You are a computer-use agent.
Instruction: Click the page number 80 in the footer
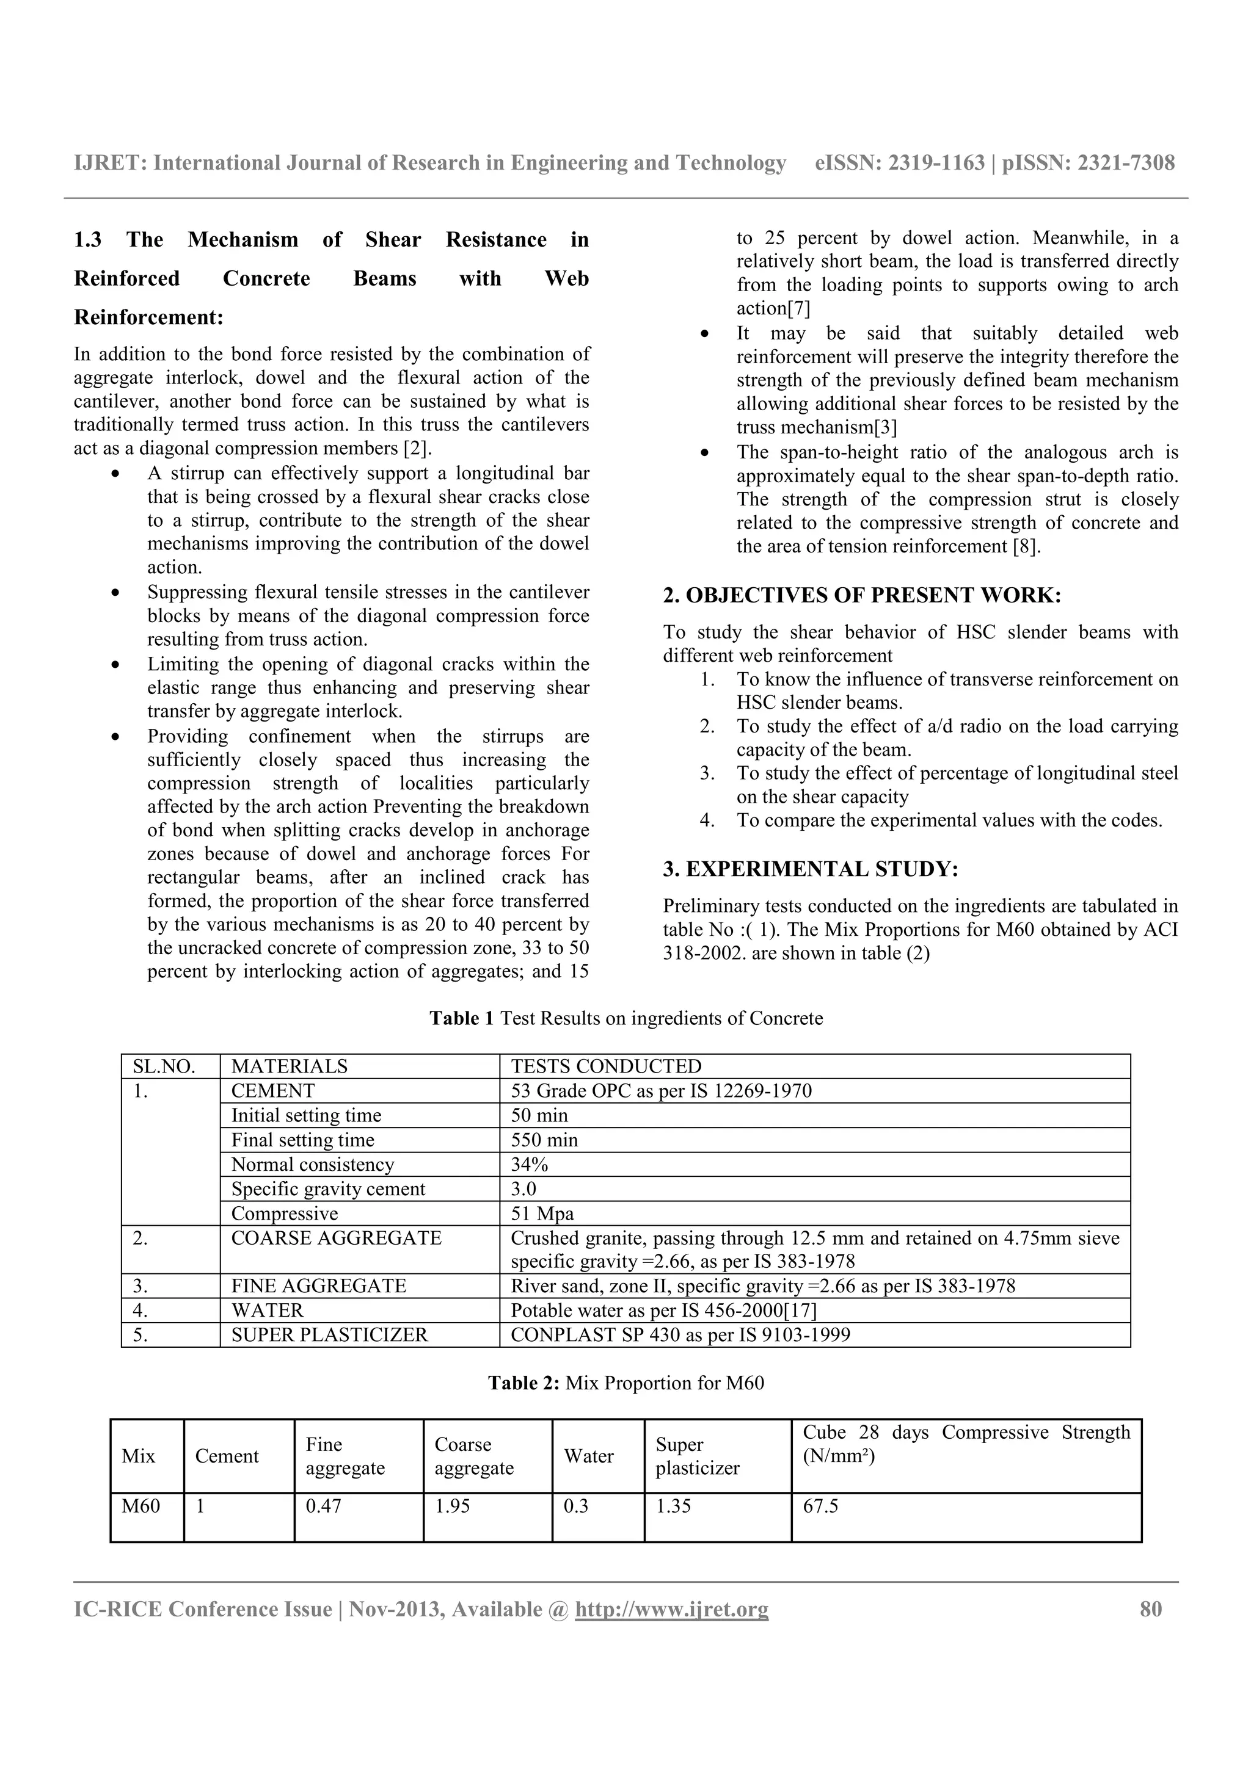(1150, 1610)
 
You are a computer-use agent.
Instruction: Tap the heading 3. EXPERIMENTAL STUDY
(810, 869)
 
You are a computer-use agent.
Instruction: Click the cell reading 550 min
(544, 1140)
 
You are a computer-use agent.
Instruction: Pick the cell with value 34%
(530, 1164)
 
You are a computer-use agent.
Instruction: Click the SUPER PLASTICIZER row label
(329, 1335)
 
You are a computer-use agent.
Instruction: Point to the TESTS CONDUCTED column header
(606, 1066)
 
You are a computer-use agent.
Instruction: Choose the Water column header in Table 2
(589, 1456)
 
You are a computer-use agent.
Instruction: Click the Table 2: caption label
(523, 1383)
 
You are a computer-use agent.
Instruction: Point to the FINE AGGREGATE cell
(318, 1286)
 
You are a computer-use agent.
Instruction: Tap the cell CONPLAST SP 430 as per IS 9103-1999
(680, 1335)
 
